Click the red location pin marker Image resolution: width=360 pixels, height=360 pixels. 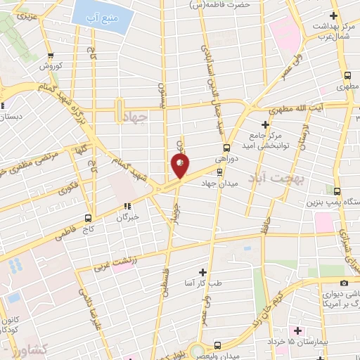180,165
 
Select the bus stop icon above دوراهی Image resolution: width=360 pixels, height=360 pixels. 226,148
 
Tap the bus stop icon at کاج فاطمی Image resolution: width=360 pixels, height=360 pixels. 88,217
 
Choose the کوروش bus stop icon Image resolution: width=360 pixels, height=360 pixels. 50,56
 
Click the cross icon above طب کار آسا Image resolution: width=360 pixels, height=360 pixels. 202,271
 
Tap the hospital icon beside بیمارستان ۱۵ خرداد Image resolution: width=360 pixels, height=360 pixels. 297,330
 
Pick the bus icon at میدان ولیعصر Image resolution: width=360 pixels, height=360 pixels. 217,345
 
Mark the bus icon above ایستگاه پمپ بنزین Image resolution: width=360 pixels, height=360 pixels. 337,191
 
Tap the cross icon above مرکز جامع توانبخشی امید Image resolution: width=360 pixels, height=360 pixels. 264,124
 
